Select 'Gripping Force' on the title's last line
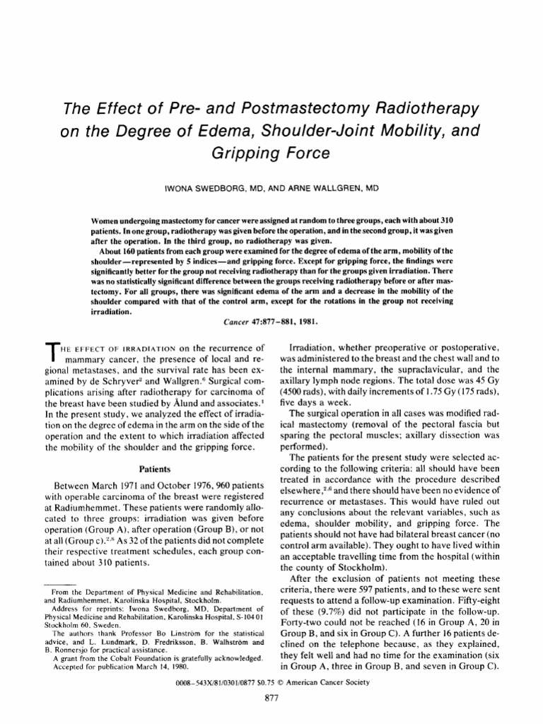(x=271, y=153)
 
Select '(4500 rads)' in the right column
(x=307, y=390)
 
